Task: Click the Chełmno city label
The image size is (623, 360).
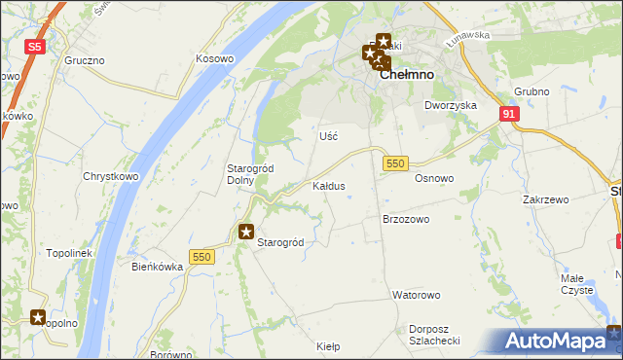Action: click(400, 73)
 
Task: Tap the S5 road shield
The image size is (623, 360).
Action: click(35, 46)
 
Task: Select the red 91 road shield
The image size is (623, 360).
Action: click(510, 114)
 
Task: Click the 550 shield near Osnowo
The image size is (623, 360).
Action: click(394, 163)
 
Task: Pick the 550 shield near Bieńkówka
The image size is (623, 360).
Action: click(202, 256)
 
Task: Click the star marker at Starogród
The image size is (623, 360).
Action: click(246, 232)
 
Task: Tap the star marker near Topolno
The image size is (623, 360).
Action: click(38, 316)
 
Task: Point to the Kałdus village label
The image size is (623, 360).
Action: click(328, 185)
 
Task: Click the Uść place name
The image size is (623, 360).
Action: click(328, 136)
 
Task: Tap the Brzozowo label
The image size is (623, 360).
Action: click(406, 219)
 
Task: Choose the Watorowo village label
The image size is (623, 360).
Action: click(417, 294)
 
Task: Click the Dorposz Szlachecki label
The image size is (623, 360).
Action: click(434, 334)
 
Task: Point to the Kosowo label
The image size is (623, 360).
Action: click(215, 58)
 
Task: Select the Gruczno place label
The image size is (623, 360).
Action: click(85, 59)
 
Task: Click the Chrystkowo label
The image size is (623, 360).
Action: click(107, 176)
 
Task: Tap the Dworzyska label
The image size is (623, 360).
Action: click(450, 104)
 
